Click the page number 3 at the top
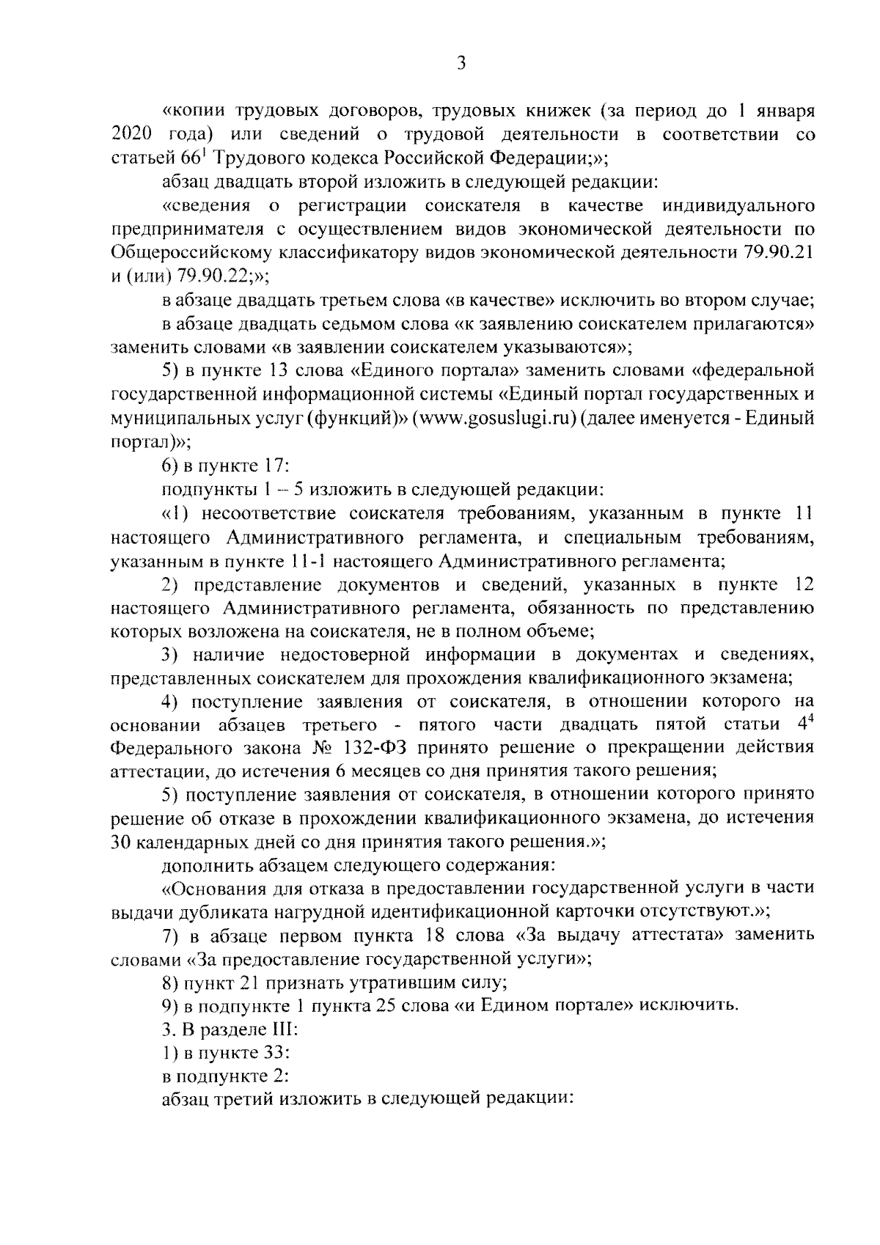pyautogui.click(x=461, y=64)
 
